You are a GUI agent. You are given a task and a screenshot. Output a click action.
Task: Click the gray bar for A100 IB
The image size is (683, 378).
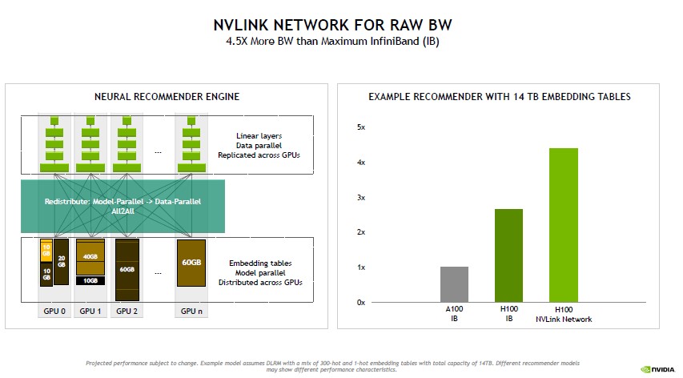point(455,284)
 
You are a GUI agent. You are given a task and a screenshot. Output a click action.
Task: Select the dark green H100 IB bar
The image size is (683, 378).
point(508,255)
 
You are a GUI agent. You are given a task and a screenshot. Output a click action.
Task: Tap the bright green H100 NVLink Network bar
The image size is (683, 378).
point(563,225)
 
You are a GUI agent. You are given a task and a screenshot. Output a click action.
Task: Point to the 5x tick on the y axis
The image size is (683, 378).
point(360,127)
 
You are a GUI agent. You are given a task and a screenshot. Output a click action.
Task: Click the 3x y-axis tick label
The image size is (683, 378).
point(360,197)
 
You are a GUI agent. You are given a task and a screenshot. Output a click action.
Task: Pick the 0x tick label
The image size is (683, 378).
point(360,302)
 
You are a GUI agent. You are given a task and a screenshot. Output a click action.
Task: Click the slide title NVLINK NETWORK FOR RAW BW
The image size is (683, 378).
point(341,25)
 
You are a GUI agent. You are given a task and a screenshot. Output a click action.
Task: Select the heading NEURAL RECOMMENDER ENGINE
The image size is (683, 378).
point(167,97)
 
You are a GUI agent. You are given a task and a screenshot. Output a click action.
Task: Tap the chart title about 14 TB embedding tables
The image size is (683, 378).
point(500,97)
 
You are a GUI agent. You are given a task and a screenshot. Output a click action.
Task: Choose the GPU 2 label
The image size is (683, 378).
point(127,312)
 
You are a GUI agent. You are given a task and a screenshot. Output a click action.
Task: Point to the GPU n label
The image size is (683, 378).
point(191,312)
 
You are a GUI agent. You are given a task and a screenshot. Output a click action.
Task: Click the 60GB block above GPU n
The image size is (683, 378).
point(191,263)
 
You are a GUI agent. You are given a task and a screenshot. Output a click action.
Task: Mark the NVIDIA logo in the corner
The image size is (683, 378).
point(657,369)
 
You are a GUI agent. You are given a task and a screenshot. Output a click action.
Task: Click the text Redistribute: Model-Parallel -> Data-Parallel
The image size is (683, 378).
point(123,201)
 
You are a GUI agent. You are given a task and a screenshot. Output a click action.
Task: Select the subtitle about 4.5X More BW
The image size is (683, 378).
point(341,41)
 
